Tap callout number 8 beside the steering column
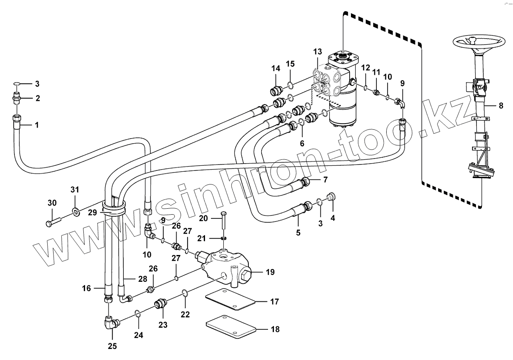501,106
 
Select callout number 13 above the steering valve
318,52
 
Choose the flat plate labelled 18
231,326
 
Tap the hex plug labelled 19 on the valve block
247,277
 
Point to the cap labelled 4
331,196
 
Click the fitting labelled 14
276,90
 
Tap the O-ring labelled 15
289,84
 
